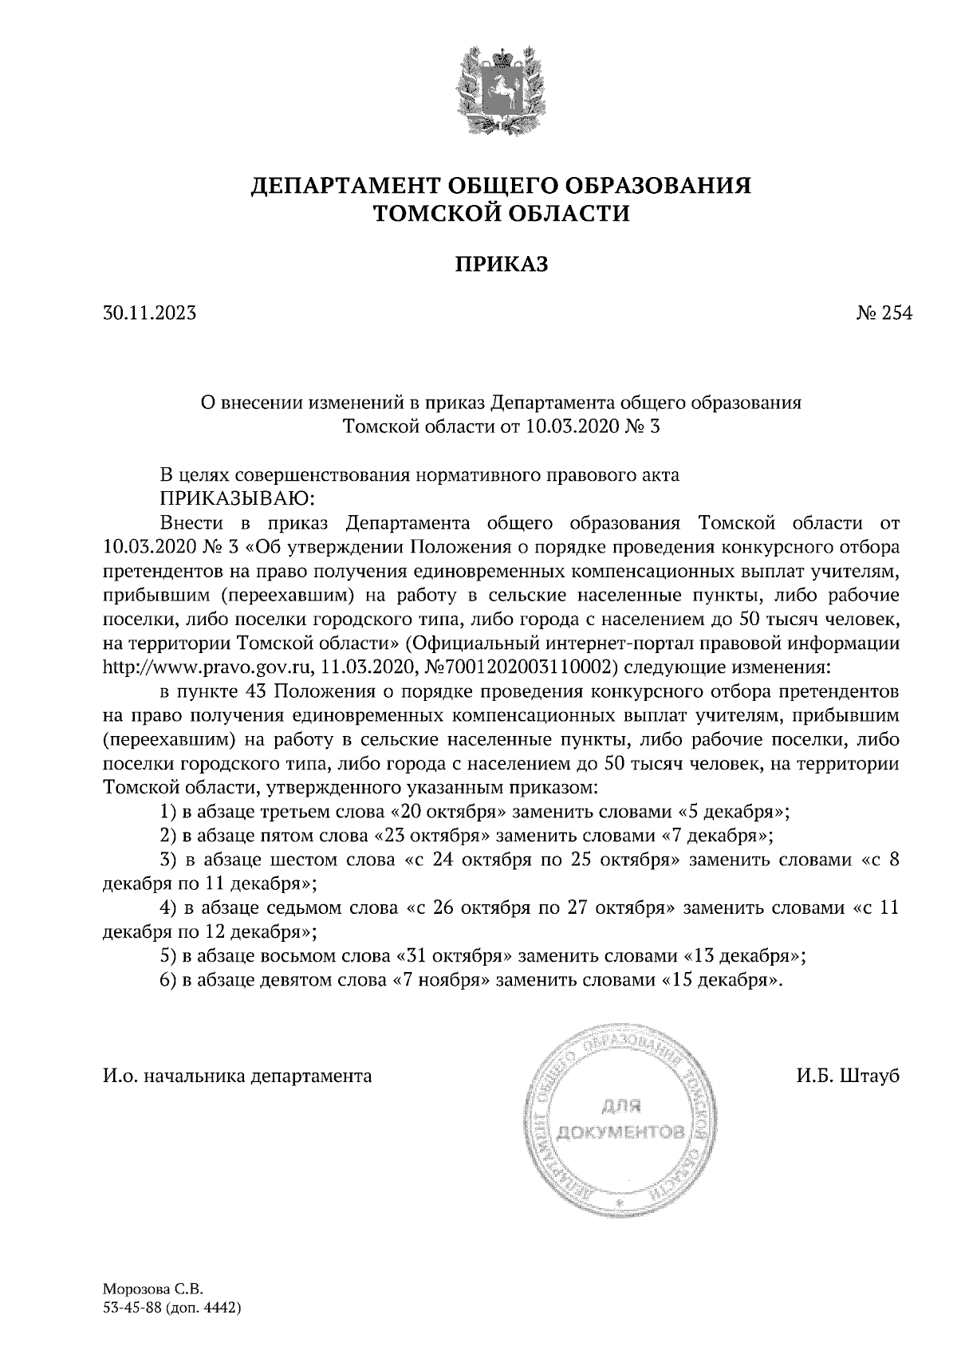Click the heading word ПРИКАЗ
(x=502, y=264)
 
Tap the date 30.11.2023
(x=149, y=313)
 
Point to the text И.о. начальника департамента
(x=238, y=1076)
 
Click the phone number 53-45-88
(x=132, y=1308)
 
